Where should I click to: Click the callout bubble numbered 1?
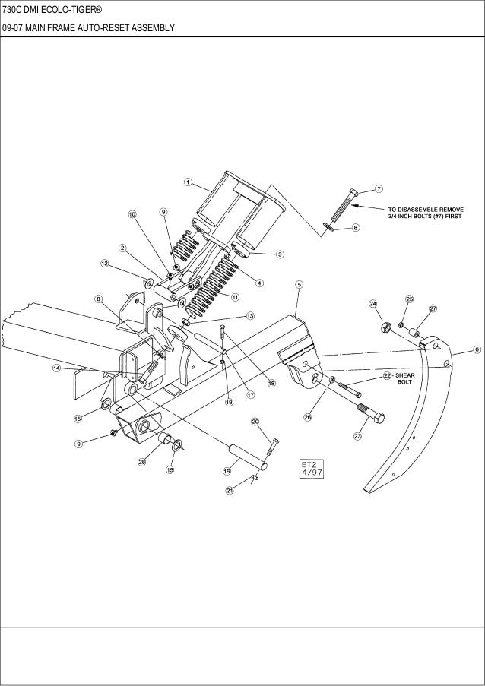[x=188, y=182]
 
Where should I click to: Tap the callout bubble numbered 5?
[x=300, y=284]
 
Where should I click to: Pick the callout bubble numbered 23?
[x=357, y=436]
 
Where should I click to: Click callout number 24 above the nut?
[x=373, y=304]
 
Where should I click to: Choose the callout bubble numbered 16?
[x=226, y=472]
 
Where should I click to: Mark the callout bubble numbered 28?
[x=141, y=463]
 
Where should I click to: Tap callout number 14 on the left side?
[x=56, y=368]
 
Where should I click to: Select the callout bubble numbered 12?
[x=104, y=263]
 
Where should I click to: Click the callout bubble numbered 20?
[x=255, y=421]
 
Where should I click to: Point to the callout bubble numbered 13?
[x=249, y=315]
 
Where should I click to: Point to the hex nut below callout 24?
[x=385, y=327]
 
